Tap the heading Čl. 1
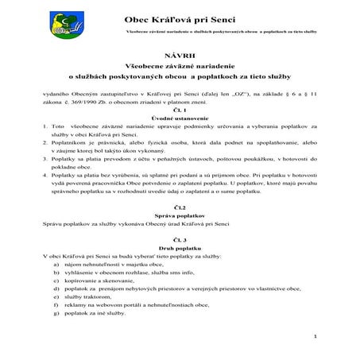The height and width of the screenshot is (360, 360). [180, 110]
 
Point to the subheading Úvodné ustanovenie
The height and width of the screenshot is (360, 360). [180, 118]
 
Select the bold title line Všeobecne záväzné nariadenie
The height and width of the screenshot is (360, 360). [180, 68]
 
